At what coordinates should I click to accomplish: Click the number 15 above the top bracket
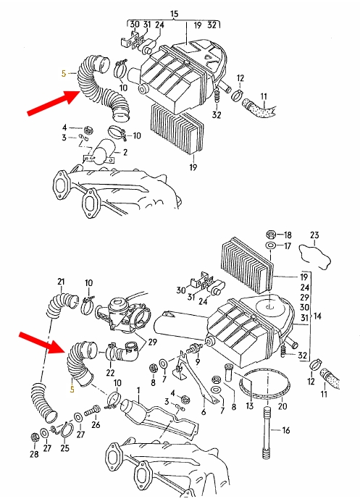[x=174, y=14]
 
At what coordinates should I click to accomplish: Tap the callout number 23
[x=314, y=235]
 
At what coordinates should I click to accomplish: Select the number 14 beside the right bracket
[x=317, y=316]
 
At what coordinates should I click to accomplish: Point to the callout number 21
[x=61, y=282]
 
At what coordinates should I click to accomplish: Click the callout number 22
[x=110, y=372]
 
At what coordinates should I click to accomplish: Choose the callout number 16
[x=286, y=430]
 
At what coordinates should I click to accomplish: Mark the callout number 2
[x=125, y=152]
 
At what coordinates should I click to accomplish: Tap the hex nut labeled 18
[x=271, y=235]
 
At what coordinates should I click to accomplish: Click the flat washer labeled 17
[x=271, y=245]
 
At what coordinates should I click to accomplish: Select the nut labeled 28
[x=34, y=437]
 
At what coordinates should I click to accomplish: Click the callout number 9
[x=197, y=361]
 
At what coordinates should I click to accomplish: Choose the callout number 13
[x=250, y=406]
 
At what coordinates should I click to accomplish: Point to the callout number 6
[x=204, y=412]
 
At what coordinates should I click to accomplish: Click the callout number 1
[x=138, y=390]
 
